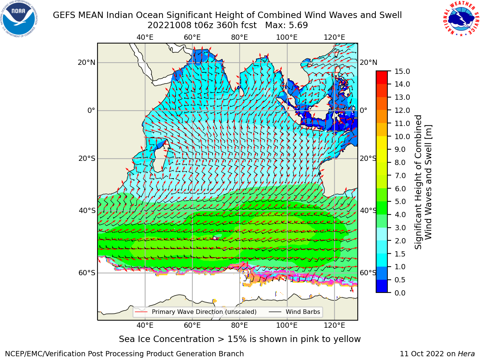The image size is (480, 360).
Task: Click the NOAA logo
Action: pyautogui.click(x=19, y=19)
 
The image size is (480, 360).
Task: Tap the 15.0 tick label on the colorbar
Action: pyautogui.click(x=402, y=71)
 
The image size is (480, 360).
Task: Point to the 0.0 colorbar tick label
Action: pyautogui.click(x=400, y=293)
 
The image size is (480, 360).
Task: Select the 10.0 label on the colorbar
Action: pyautogui.click(x=402, y=136)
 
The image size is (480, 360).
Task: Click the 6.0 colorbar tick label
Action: pyautogui.click(x=400, y=189)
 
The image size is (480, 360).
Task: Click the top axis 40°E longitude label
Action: pyautogui.click(x=145, y=37)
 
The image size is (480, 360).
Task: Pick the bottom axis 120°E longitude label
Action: pyautogui.click(x=334, y=325)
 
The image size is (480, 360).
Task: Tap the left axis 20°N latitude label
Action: pyautogui.click(x=87, y=63)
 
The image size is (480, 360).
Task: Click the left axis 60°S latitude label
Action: pyautogui.click(x=87, y=273)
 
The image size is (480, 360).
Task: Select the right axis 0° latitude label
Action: pyautogui.click(x=363, y=110)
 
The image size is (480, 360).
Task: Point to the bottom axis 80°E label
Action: pyautogui.click(x=240, y=325)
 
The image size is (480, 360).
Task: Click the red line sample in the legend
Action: pyautogui.click(x=141, y=312)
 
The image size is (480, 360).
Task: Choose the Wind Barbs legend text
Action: pyautogui.click(x=303, y=312)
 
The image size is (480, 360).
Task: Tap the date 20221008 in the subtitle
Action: pyautogui.click(x=169, y=25)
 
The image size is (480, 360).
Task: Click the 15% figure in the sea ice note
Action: pyautogui.click(x=237, y=339)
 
